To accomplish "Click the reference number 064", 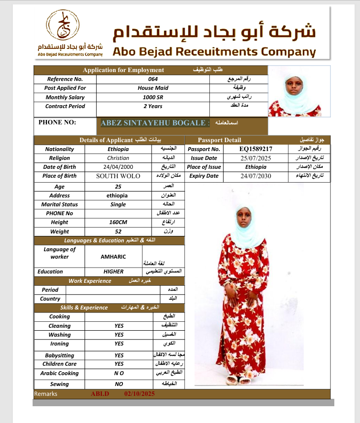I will pos(153,79).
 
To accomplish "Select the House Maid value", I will pos(153,88).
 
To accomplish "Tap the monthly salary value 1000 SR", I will pos(153,97).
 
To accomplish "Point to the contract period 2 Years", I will pos(153,106).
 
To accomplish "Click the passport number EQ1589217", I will pos(256,149).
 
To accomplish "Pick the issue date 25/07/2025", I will pos(256,158).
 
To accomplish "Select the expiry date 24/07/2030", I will pos(256,176).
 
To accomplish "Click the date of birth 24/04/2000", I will pos(118,167).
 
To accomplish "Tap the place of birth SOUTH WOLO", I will pos(118,176).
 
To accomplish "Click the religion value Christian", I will pos(118,158).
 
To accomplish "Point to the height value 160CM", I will pos(118,222).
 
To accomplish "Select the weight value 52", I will pos(118,231).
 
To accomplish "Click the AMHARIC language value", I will pos(113,257).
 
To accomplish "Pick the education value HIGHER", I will pos(113,271).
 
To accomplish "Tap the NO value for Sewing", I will pos(119,384).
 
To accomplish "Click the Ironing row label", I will pos(59,344).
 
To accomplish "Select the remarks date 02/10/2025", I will pos(140,394).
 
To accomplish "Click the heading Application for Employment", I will pos(123,70).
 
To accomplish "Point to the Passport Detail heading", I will pos(219,140).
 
